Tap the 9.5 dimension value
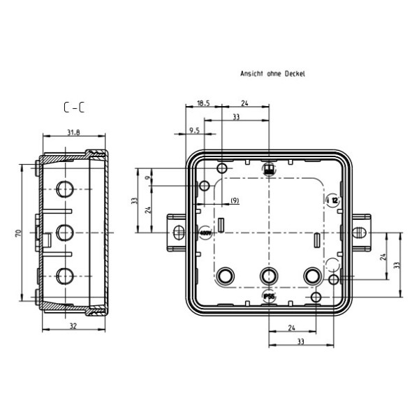[195, 130]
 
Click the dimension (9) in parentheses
[234, 201]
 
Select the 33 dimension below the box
[300, 342]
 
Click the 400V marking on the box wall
[205, 232]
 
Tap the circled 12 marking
[334, 200]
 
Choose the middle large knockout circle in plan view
[268, 276]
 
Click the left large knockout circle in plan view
[226, 276]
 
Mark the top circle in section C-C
[64, 189]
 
